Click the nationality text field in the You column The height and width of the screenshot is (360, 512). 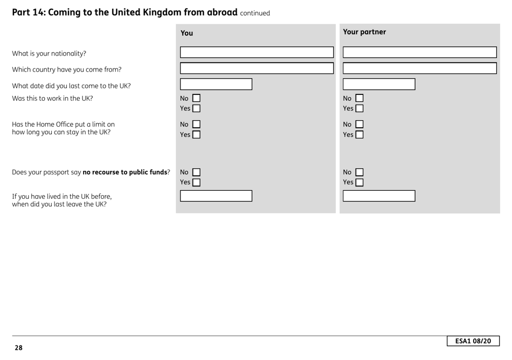click(x=257, y=52)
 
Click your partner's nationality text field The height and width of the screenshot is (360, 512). click(x=419, y=52)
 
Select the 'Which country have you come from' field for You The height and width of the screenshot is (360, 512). click(x=257, y=68)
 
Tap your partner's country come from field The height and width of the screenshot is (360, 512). click(x=419, y=68)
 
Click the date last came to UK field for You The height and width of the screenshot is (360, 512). click(x=216, y=85)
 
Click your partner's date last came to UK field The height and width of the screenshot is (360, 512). click(x=379, y=85)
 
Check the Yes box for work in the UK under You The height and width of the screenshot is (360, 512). click(x=196, y=109)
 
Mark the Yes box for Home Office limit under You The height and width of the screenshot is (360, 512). click(x=196, y=134)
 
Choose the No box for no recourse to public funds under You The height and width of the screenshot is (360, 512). click(x=196, y=172)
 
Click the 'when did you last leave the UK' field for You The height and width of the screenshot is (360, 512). click(x=216, y=196)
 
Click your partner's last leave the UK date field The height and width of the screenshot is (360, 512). click(x=379, y=196)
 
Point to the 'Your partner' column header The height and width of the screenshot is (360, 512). click(x=364, y=32)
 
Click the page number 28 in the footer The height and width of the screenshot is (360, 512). click(x=19, y=348)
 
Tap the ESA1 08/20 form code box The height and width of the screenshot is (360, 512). click(x=473, y=341)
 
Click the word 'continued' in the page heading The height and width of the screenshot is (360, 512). click(x=254, y=13)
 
